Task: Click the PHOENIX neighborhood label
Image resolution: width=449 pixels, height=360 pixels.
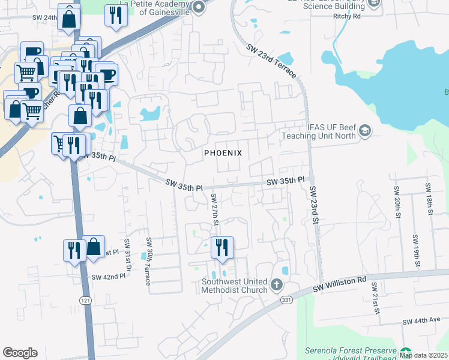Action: [x=223, y=153]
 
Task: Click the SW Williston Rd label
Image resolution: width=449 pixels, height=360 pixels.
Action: [x=340, y=284]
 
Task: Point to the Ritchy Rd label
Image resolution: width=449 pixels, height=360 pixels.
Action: [x=347, y=16]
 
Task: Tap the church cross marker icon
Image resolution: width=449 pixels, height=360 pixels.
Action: [x=276, y=284]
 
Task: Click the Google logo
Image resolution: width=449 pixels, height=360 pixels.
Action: [x=20, y=353]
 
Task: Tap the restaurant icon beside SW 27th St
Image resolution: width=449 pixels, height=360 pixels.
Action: [x=222, y=247]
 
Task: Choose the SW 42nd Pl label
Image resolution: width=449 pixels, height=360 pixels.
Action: [x=108, y=277]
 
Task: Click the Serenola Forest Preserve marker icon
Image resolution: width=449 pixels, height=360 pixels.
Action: [x=406, y=352]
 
